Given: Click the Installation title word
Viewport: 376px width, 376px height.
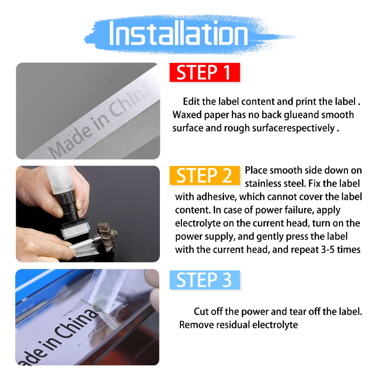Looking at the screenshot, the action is click(178, 33).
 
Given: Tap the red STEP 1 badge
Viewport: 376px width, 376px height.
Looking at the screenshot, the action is click(205, 72).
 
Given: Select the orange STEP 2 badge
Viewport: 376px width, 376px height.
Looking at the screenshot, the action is click(205, 175).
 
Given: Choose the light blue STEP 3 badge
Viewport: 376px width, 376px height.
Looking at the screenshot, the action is click(205, 280).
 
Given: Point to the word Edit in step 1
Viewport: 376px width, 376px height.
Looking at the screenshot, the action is click(191, 102).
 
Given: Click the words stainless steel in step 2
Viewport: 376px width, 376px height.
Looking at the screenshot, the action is click(275, 183).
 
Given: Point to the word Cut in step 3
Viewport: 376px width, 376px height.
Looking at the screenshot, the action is click(201, 312).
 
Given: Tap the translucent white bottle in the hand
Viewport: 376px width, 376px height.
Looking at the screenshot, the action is click(60, 178).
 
